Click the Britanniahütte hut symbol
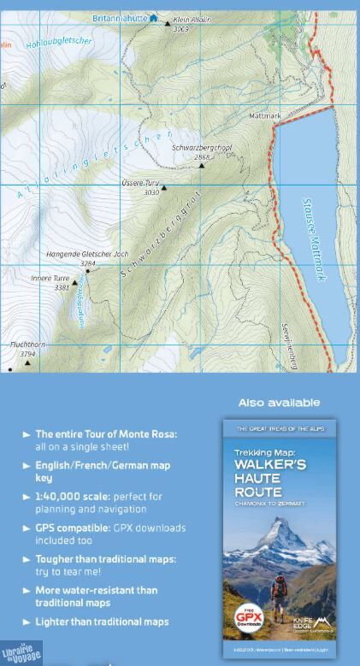[153, 18]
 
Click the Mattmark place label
[265, 115]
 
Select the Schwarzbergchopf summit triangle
[202, 165]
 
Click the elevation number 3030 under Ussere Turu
[151, 192]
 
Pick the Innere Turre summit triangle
[74, 283]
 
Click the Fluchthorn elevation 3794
[27, 353]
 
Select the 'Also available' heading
[279, 403]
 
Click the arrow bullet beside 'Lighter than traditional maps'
[27, 622]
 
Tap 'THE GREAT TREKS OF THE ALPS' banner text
[279, 428]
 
